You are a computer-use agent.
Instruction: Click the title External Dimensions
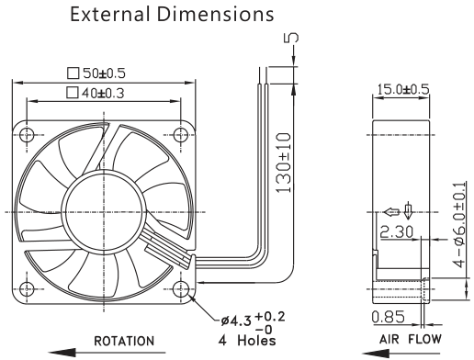click(172, 14)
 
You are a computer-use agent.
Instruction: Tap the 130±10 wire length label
click(283, 163)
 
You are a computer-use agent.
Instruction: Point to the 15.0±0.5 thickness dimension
click(403, 89)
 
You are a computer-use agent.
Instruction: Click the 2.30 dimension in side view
click(397, 231)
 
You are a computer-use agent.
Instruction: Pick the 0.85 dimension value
click(389, 317)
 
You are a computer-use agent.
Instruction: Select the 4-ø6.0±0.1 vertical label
click(459, 225)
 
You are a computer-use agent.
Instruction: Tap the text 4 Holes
click(247, 340)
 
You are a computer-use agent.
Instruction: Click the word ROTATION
click(124, 341)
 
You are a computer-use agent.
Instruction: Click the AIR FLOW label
click(411, 339)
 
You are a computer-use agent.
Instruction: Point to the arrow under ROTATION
click(107, 353)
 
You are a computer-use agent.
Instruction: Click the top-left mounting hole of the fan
click(27, 135)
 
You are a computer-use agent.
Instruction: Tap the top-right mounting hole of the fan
click(181, 135)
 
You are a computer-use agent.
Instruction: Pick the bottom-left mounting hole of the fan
click(27, 288)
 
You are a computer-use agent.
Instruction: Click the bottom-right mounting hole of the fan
click(181, 288)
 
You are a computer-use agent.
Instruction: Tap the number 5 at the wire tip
click(291, 38)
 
